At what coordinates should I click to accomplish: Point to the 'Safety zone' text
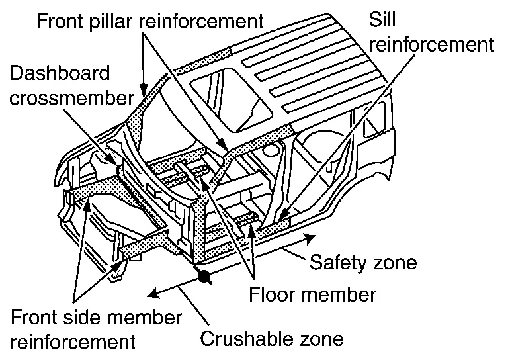[x=363, y=263]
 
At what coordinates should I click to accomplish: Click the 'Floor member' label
[x=313, y=292]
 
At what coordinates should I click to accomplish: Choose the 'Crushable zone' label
[x=273, y=339]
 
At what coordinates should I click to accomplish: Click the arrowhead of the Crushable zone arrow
[x=150, y=294]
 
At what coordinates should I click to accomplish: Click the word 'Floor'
[x=273, y=292]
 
